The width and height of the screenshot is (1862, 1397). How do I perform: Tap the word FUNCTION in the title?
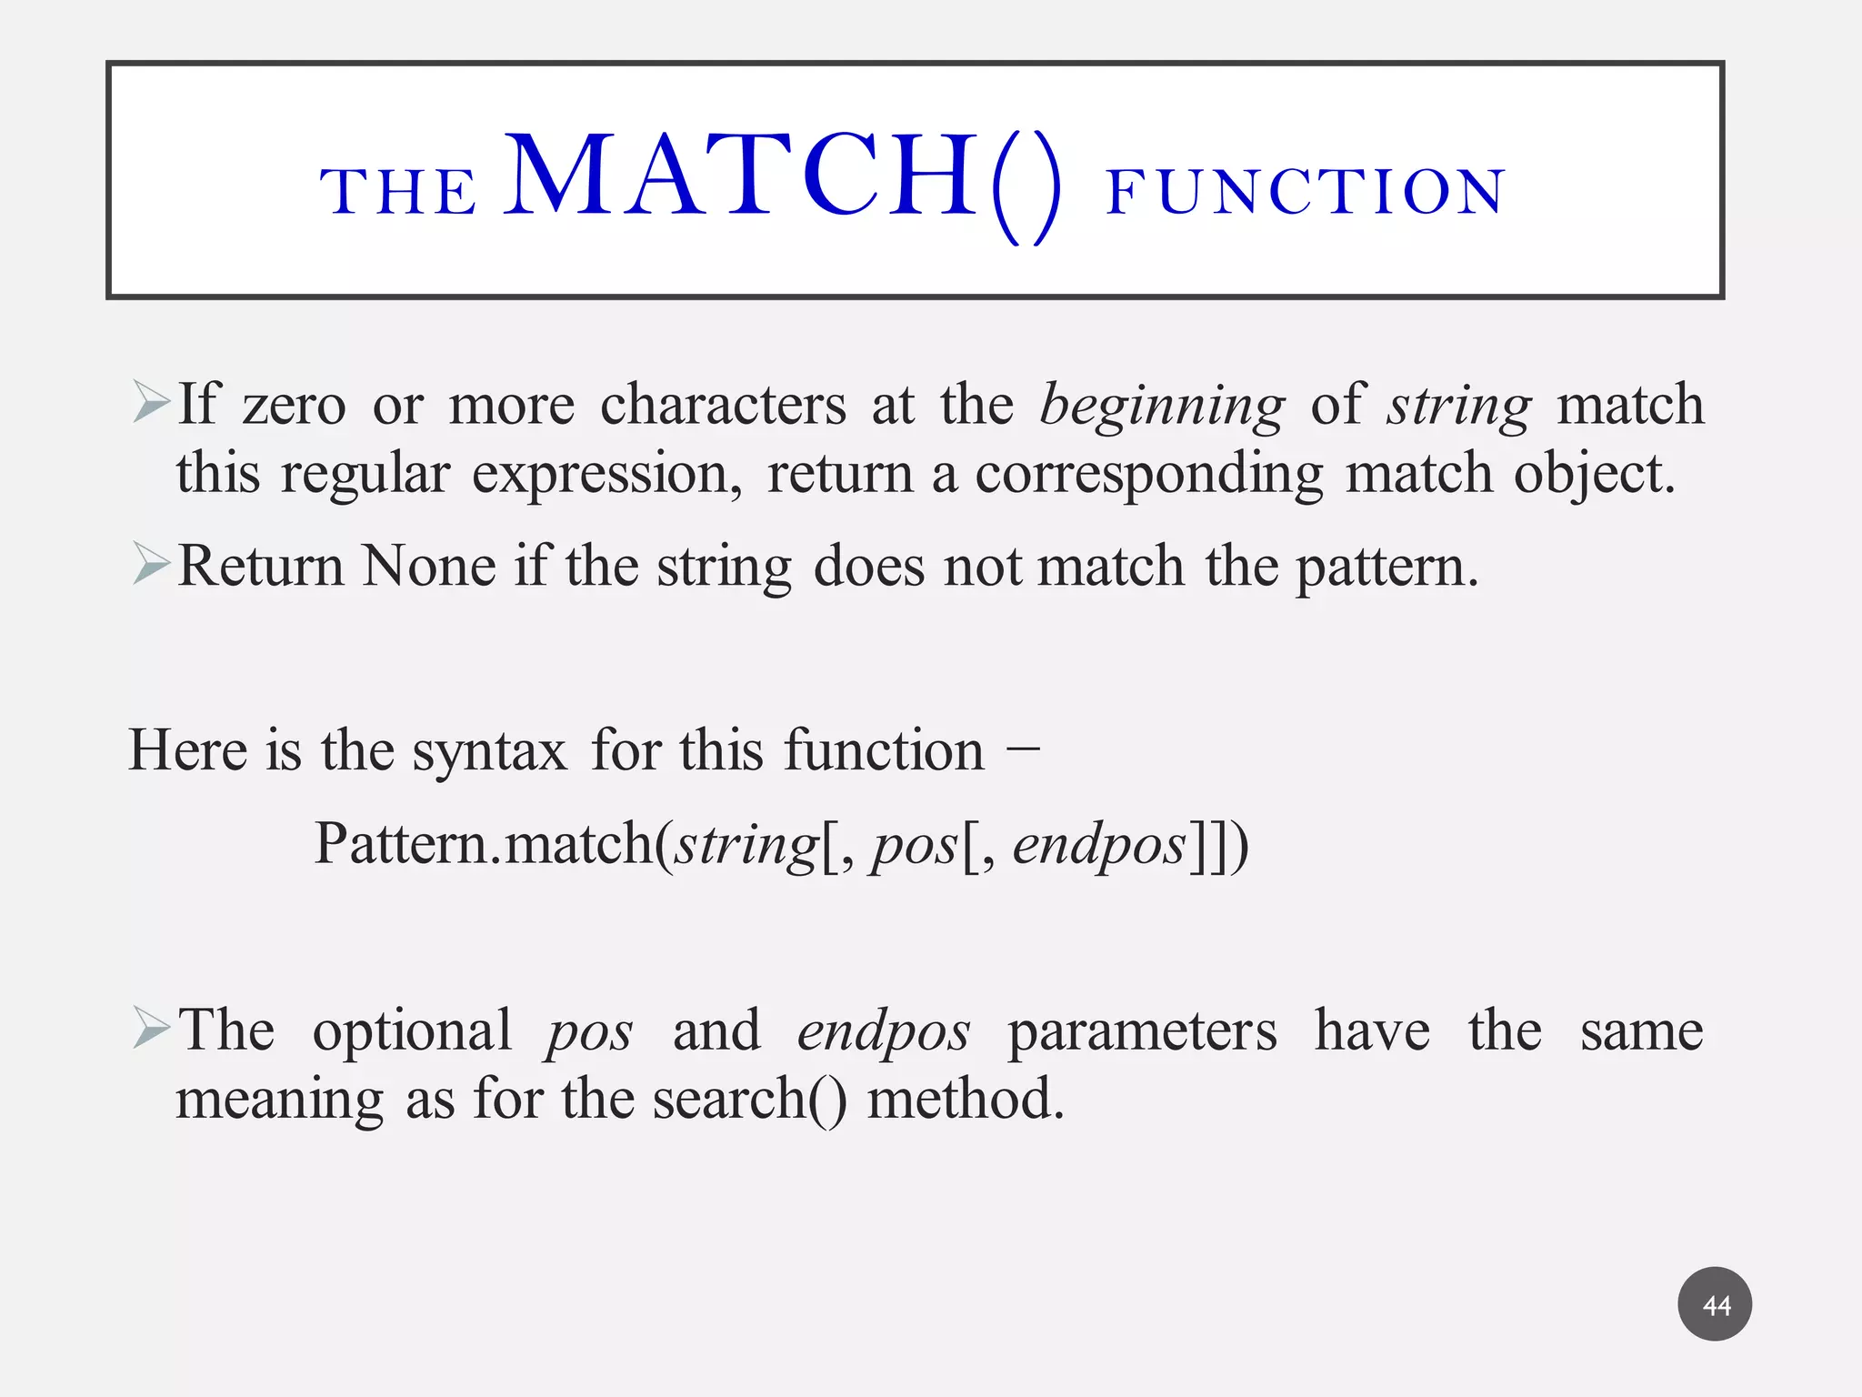click(x=1306, y=192)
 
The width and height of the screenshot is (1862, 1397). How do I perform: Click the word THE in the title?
click(x=398, y=192)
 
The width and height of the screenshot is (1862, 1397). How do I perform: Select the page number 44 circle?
click(x=1715, y=1304)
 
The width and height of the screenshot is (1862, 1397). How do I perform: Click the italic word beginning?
click(x=1161, y=405)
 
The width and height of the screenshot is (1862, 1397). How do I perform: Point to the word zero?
click(x=294, y=405)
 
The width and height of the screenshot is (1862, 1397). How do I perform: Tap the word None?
click(x=429, y=566)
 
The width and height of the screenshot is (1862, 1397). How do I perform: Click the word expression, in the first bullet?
click(x=606, y=474)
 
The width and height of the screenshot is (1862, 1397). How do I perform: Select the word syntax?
click(x=489, y=750)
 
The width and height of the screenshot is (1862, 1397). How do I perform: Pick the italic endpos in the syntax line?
click(x=1098, y=844)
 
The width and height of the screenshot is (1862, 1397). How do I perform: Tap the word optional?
click(x=411, y=1030)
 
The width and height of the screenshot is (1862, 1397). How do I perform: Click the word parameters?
click(x=1142, y=1030)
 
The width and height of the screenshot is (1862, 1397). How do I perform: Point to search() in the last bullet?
click(x=749, y=1099)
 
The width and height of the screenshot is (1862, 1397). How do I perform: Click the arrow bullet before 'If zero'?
click(x=150, y=402)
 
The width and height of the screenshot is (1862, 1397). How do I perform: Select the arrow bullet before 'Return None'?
click(x=150, y=563)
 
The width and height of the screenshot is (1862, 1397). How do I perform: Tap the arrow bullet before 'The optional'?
click(x=150, y=1028)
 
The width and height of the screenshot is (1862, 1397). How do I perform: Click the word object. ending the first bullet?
click(x=1594, y=474)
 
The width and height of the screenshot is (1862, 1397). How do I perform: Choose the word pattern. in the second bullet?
click(x=1386, y=566)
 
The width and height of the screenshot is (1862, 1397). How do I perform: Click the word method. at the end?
click(x=965, y=1099)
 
